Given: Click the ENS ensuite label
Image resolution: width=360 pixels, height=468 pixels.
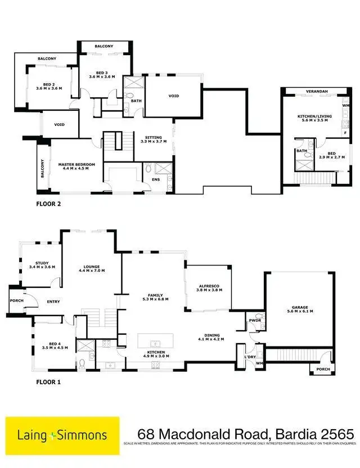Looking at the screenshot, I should click(x=155, y=180).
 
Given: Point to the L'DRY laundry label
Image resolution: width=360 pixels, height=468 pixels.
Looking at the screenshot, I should click(x=249, y=357).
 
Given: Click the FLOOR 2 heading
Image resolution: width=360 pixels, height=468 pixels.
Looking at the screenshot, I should click(x=48, y=204).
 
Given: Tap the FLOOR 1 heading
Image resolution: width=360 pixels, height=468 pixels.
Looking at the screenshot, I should click(x=48, y=382).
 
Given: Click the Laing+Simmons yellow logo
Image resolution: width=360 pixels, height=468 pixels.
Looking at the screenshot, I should click(x=62, y=435).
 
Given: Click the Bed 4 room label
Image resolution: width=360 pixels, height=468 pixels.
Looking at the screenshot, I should click(x=55, y=345).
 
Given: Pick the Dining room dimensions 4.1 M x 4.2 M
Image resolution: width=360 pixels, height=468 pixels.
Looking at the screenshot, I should click(x=211, y=339).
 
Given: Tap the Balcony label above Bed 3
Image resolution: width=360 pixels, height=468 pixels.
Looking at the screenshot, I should click(x=103, y=46).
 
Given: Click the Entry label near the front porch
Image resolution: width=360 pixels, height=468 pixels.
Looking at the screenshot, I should click(x=53, y=302).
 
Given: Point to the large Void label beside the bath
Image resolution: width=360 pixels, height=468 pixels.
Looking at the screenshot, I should click(x=174, y=96).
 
